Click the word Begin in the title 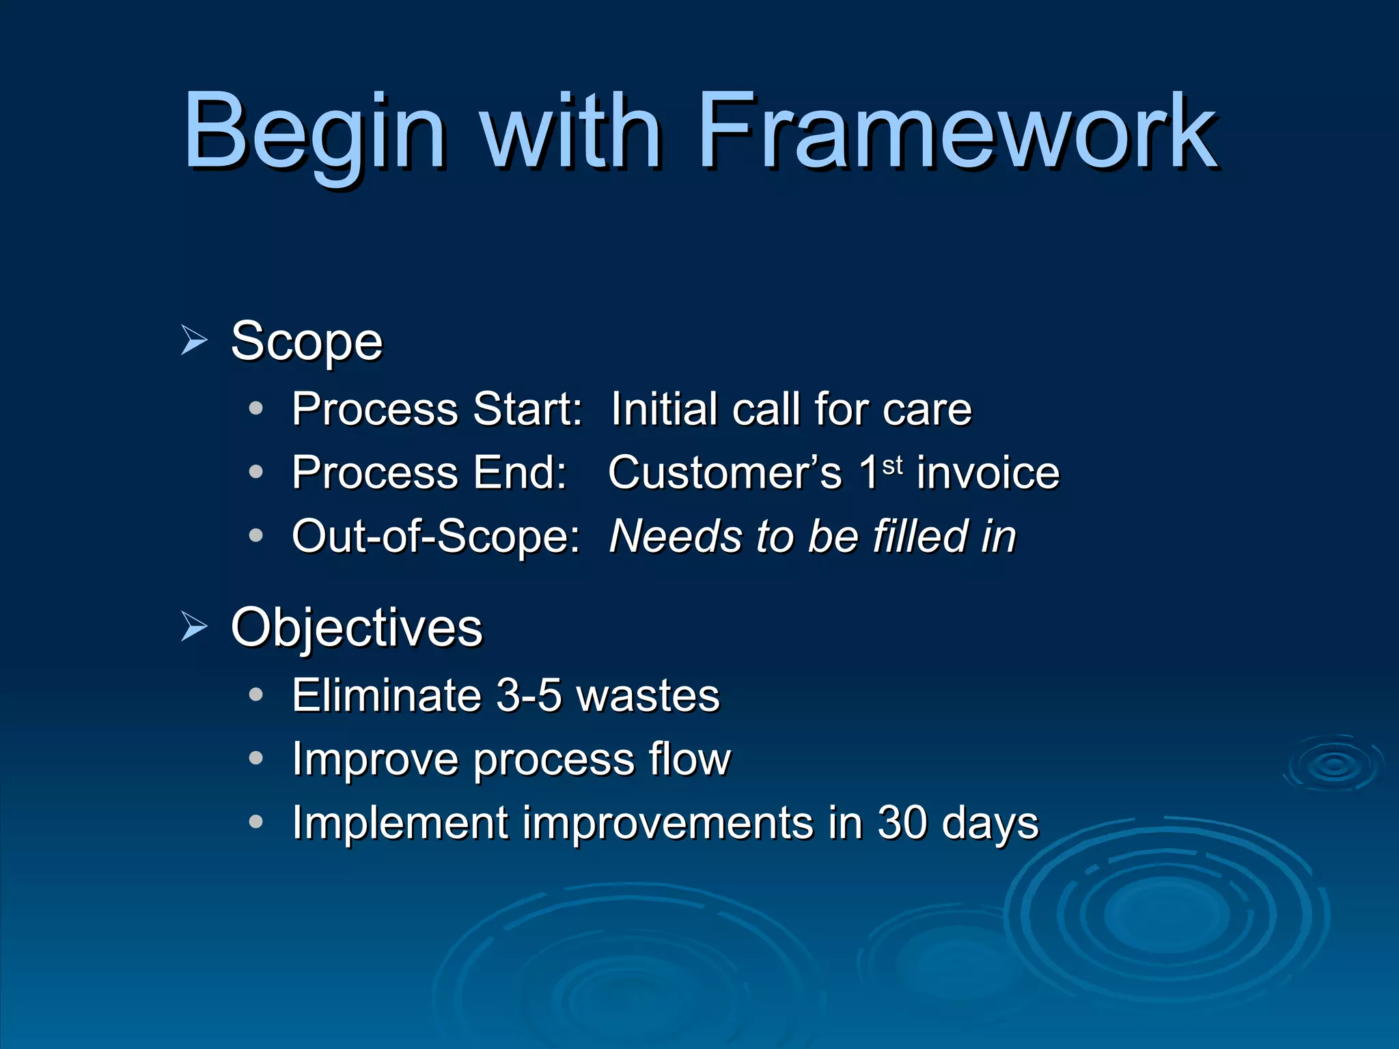pyautogui.click(x=314, y=133)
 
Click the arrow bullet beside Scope pyautogui.click(x=194, y=340)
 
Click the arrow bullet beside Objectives pyautogui.click(x=194, y=627)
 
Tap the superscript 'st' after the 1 pyautogui.click(x=893, y=466)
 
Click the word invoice pyautogui.click(x=988, y=473)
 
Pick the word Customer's pyautogui.click(x=725, y=473)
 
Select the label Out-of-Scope pyautogui.click(x=435, y=536)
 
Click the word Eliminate pyautogui.click(x=387, y=696)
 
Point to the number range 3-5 pyautogui.click(x=528, y=696)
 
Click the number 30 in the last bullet pyautogui.click(x=902, y=823)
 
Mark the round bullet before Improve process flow pyautogui.click(x=256, y=759)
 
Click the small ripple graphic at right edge pyautogui.click(x=1334, y=764)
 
